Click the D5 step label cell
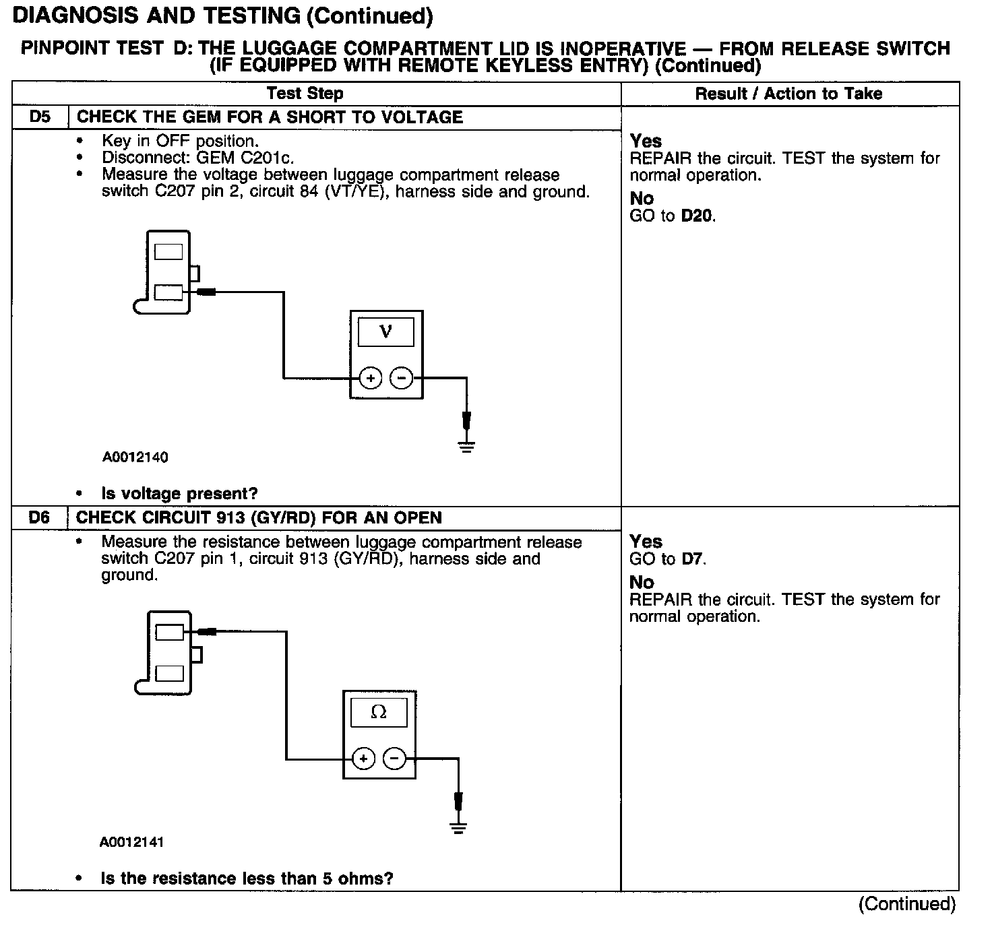[x=40, y=117]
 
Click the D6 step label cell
[x=40, y=518]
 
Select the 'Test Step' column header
[x=305, y=94]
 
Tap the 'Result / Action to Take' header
[x=788, y=94]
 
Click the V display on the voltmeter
[x=386, y=332]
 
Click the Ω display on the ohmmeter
[x=379, y=713]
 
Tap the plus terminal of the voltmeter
[x=370, y=379]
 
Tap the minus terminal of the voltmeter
[x=402, y=379]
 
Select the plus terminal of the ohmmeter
[x=363, y=759]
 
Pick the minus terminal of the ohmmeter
[x=395, y=759]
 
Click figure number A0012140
[x=135, y=457]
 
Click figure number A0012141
[x=131, y=842]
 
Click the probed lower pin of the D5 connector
[x=168, y=292]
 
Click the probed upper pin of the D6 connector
[x=170, y=632]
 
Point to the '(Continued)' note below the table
[x=906, y=904]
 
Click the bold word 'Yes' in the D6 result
[x=646, y=542]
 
